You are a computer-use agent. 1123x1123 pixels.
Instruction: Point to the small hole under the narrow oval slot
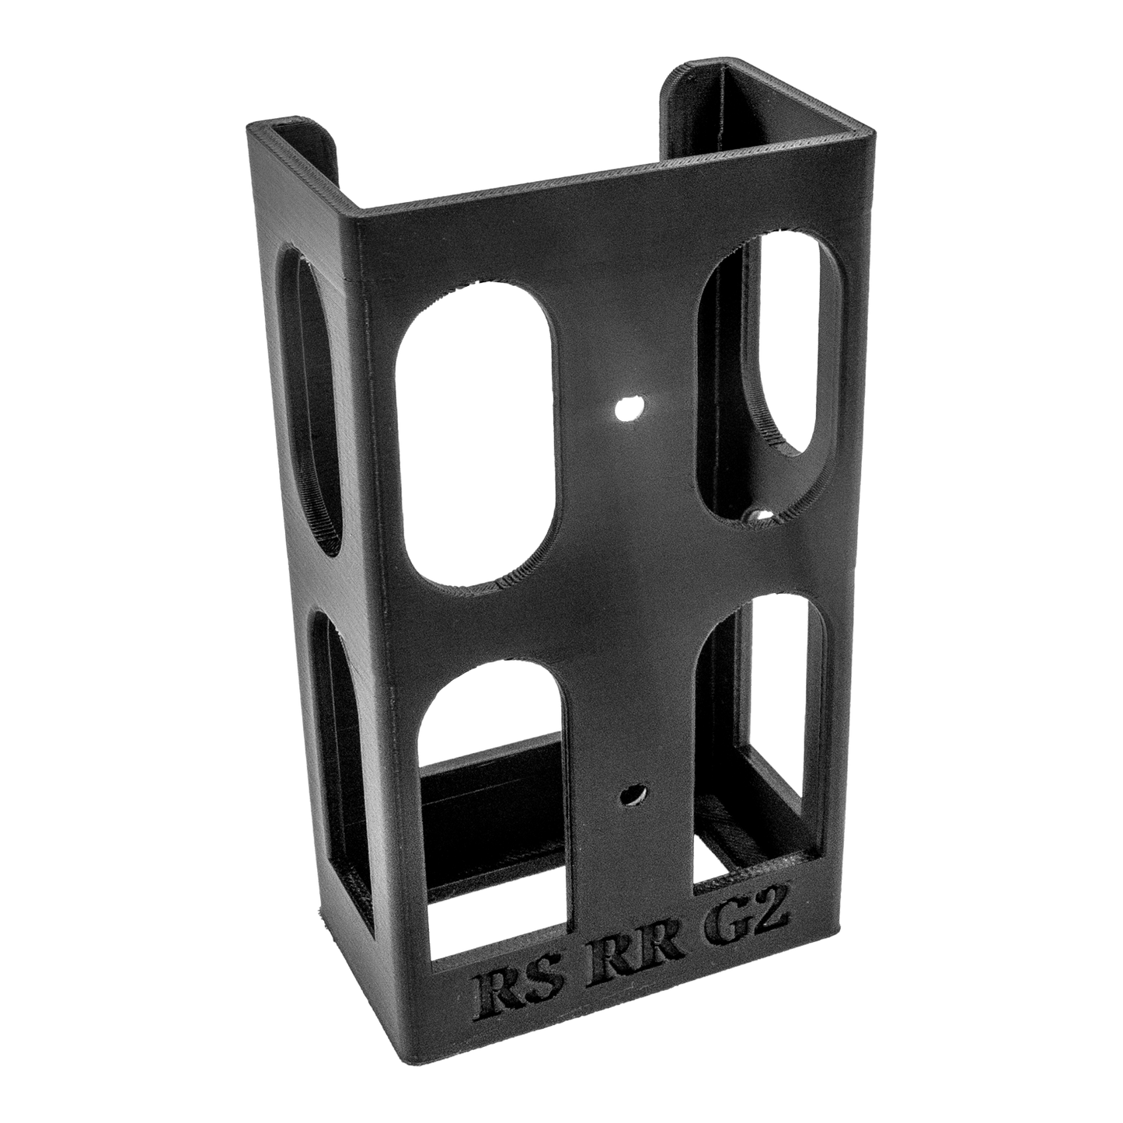tap(760, 516)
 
